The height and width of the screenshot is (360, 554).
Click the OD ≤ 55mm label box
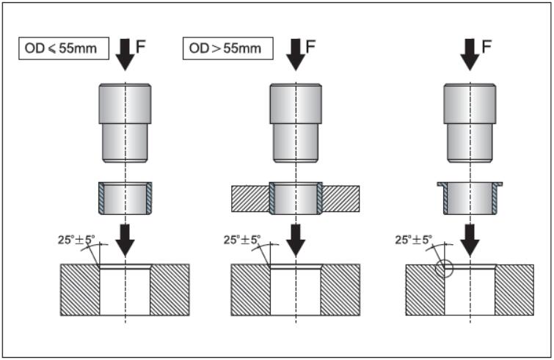tap(64, 49)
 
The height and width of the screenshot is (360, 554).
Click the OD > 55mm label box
tap(227, 49)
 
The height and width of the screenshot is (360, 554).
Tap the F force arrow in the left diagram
tap(125, 53)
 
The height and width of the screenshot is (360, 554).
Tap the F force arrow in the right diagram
tap(469, 53)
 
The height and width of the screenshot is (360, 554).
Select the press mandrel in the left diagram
tap(125, 122)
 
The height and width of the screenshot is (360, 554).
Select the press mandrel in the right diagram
tap(469, 122)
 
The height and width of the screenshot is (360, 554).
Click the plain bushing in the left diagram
tap(125, 197)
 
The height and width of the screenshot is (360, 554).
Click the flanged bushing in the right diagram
tap(469, 197)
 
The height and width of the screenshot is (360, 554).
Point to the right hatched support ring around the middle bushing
tap(340, 199)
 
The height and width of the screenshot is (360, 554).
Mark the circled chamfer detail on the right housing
tap(443, 268)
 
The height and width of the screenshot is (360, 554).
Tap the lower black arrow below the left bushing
tap(125, 238)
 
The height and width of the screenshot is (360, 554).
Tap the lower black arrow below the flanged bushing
tap(469, 238)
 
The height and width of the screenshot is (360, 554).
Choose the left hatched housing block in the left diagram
tap(80, 289)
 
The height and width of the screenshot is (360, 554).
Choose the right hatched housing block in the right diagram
tap(514, 289)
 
